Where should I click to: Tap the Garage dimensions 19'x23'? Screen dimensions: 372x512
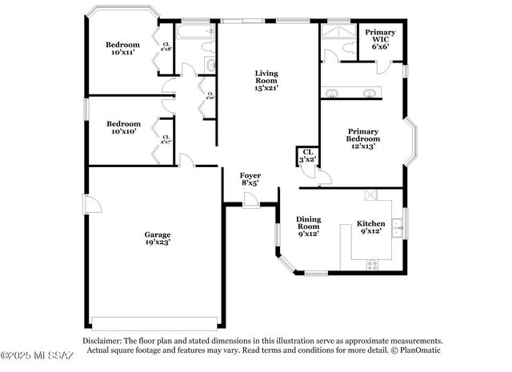point(158,241)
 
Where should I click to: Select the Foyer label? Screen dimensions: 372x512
point(250,178)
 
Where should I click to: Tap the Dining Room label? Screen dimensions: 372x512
point(308,226)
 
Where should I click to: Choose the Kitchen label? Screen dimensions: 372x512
point(370,227)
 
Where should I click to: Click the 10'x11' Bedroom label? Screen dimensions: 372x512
point(123,49)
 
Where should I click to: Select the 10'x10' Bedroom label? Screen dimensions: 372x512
point(124,128)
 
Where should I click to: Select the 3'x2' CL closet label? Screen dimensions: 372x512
point(308,155)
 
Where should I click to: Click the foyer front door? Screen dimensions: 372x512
point(250,203)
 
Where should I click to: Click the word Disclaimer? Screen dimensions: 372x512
point(105,341)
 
